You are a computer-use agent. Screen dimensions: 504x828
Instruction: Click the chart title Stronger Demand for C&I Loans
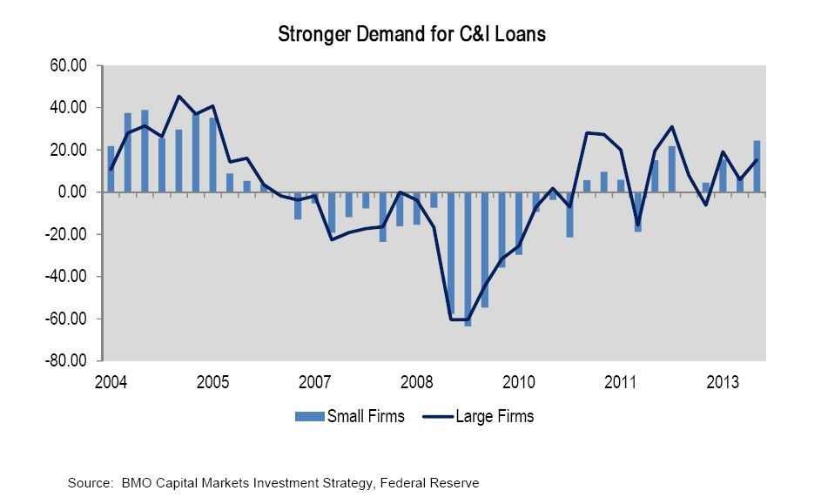click(x=411, y=35)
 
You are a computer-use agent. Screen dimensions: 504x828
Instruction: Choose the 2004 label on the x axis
click(x=111, y=382)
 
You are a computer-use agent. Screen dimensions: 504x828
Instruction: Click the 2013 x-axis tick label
click(x=723, y=382)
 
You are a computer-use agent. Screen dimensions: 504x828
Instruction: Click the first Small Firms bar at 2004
click(x=111, y=169)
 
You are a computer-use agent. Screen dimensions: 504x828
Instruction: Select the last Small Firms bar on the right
click(x=757, y=166)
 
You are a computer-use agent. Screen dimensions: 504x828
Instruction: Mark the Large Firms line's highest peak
click(x=178, y=97)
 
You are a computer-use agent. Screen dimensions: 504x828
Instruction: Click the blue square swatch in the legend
click(x=309, y=416)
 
